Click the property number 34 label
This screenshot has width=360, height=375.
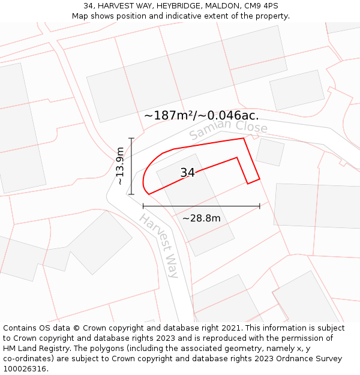coord(187,173)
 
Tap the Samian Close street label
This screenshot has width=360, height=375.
coord(228,130)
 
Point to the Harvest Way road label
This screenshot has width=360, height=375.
coord(160,245)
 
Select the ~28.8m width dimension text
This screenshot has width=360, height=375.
coord(202,218)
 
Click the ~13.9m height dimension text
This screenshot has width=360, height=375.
coord(121,166)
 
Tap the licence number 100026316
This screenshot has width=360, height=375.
coord(25,369)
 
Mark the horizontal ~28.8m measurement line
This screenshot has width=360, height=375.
coord(202,206)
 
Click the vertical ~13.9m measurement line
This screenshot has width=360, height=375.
coord(131,166)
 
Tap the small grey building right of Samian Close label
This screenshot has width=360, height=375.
coord(270,152)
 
